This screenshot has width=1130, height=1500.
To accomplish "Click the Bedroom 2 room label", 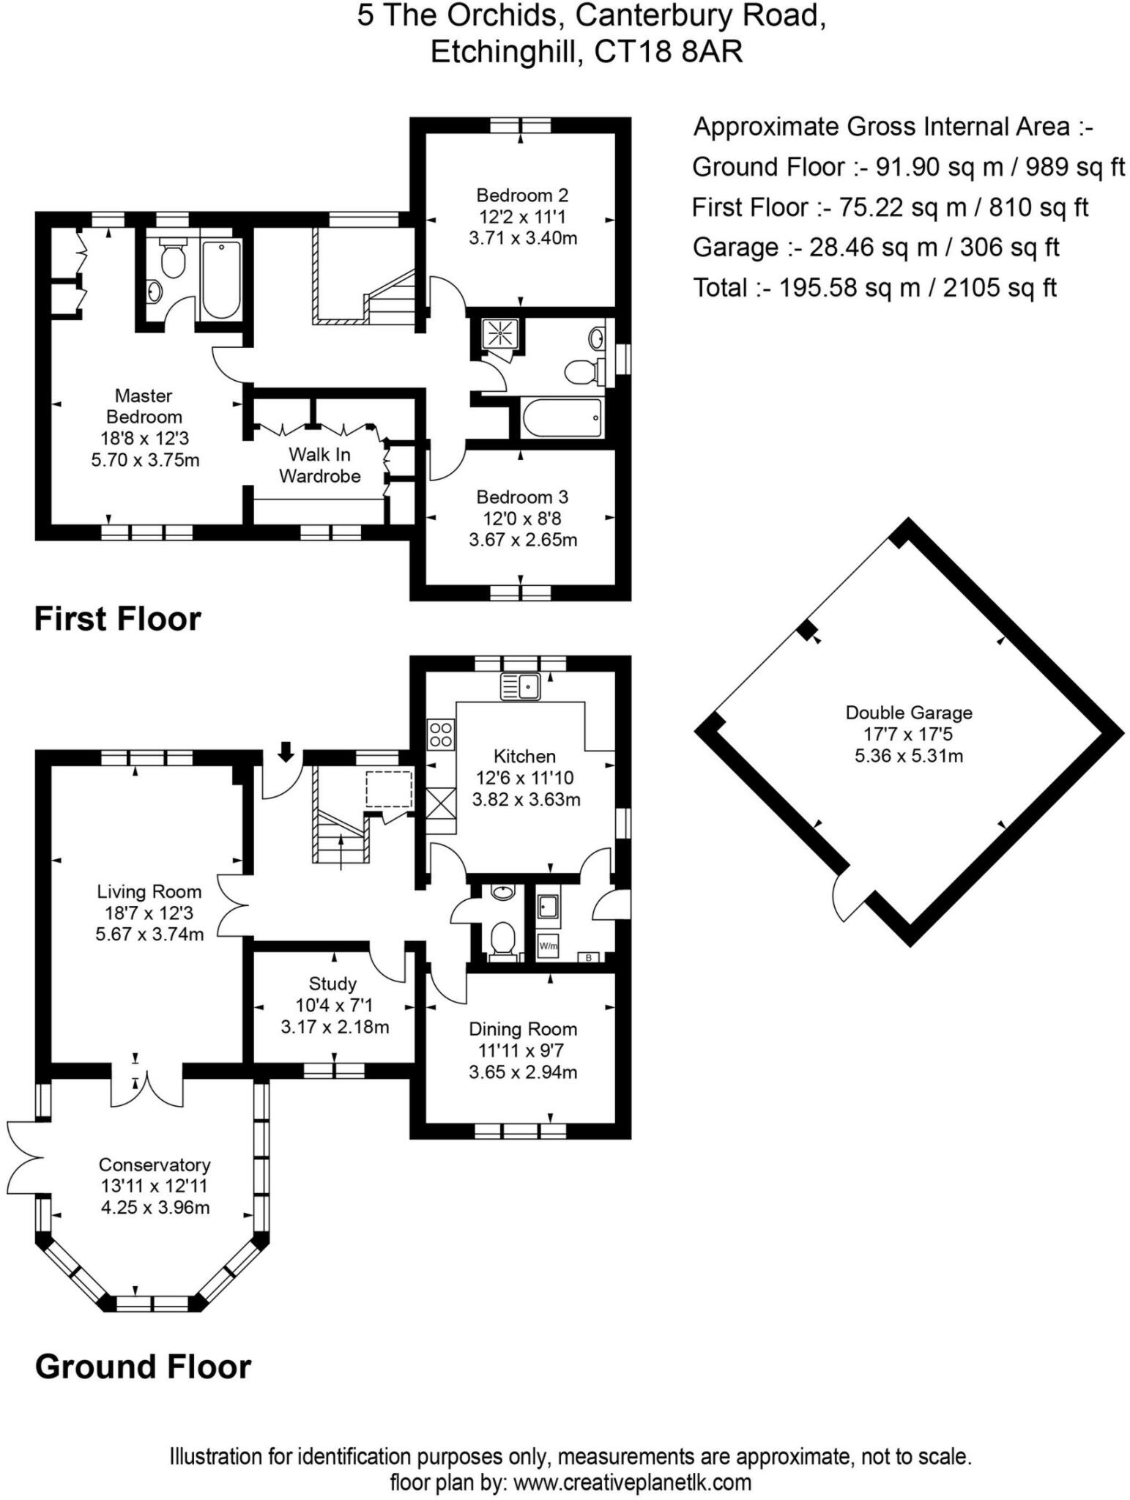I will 521,196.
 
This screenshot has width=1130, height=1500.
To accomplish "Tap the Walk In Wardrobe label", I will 320,465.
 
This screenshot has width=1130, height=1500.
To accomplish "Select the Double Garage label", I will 908,713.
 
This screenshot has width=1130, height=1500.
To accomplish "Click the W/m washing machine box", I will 548,946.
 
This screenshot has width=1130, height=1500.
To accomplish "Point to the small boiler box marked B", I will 588,957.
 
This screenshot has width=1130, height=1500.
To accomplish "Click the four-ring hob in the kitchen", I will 441,734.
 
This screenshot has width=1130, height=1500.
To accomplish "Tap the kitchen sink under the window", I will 520,687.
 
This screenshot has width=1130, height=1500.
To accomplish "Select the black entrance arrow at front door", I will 286,751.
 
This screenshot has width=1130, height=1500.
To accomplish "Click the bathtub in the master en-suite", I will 220,279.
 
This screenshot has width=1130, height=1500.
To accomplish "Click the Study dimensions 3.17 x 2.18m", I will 335,1027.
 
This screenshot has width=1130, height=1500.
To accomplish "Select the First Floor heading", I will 117,619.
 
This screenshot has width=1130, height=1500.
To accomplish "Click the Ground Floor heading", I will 143,1367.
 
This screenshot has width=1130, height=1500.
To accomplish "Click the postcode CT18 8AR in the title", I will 668,52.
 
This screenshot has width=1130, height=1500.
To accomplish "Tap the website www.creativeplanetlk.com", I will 632,1482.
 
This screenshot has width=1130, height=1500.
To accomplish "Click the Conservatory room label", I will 155,1165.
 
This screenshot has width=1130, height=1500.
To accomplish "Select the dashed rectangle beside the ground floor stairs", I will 389,788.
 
